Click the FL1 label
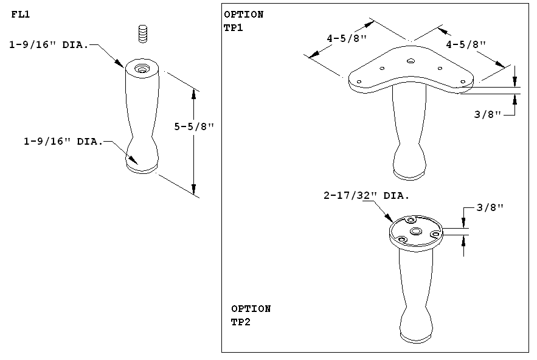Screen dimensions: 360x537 click(x=21, y=15)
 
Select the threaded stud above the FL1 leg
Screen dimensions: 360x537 click(x=144, y=33)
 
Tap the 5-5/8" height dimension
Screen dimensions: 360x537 click(x=195, y=127)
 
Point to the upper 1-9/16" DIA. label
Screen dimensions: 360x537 click(x=49, y=44)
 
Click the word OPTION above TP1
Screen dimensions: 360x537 click(x=243, y=15)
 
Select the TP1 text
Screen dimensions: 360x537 click(x=234, y=27)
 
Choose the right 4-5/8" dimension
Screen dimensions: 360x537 click(x=466, y=44)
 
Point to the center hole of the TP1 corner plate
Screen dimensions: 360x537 click(x=411, y=61)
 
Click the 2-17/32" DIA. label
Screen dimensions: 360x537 click(x=366, y=196)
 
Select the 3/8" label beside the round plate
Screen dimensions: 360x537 click(x=490, y=207)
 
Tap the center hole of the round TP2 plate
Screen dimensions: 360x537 click(x=416, y=232)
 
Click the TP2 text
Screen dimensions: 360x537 click(x=241, y=322)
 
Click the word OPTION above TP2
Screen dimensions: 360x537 click(x=251, y=309)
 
